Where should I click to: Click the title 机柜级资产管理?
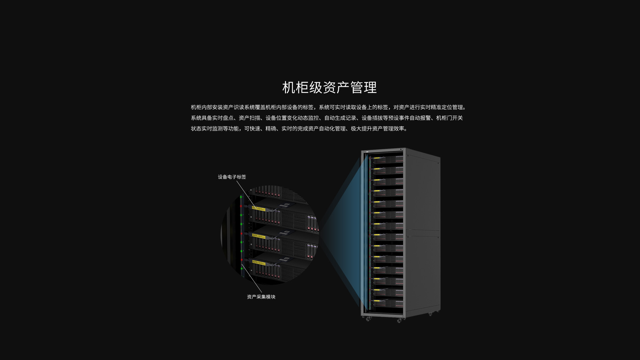[329, 87]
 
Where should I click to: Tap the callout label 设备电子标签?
[232, 177]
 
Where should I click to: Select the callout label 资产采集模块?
[261, 297]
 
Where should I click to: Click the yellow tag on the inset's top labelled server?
[259, 208]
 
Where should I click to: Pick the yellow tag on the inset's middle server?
[259, 236]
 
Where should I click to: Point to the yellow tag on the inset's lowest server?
[259, 263]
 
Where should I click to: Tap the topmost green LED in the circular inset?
[241, 197]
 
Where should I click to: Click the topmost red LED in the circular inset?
[241, 206]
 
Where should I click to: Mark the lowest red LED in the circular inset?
[241, 260]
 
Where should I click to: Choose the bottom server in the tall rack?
[388, 303]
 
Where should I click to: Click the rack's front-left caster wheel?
[368, 319]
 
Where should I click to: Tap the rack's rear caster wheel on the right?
[430, 314]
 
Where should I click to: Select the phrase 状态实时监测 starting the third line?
[207, 129]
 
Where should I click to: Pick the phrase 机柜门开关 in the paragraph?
[450, 118]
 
